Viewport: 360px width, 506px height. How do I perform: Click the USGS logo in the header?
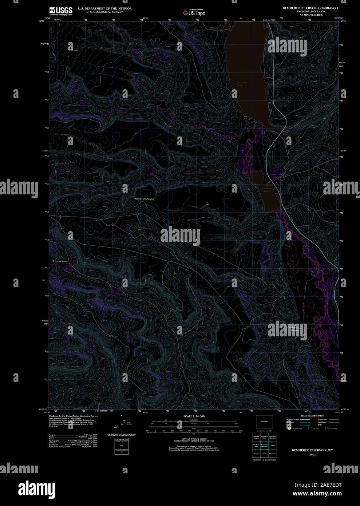[x=61, y=11]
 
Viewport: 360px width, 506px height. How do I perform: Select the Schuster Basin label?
[x=60, y=261]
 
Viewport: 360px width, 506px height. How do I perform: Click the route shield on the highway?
[x=275, y=140]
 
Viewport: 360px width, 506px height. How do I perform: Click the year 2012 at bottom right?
[x=312, y=455]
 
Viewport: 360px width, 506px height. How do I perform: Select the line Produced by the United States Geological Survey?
[x=74, y=416]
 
